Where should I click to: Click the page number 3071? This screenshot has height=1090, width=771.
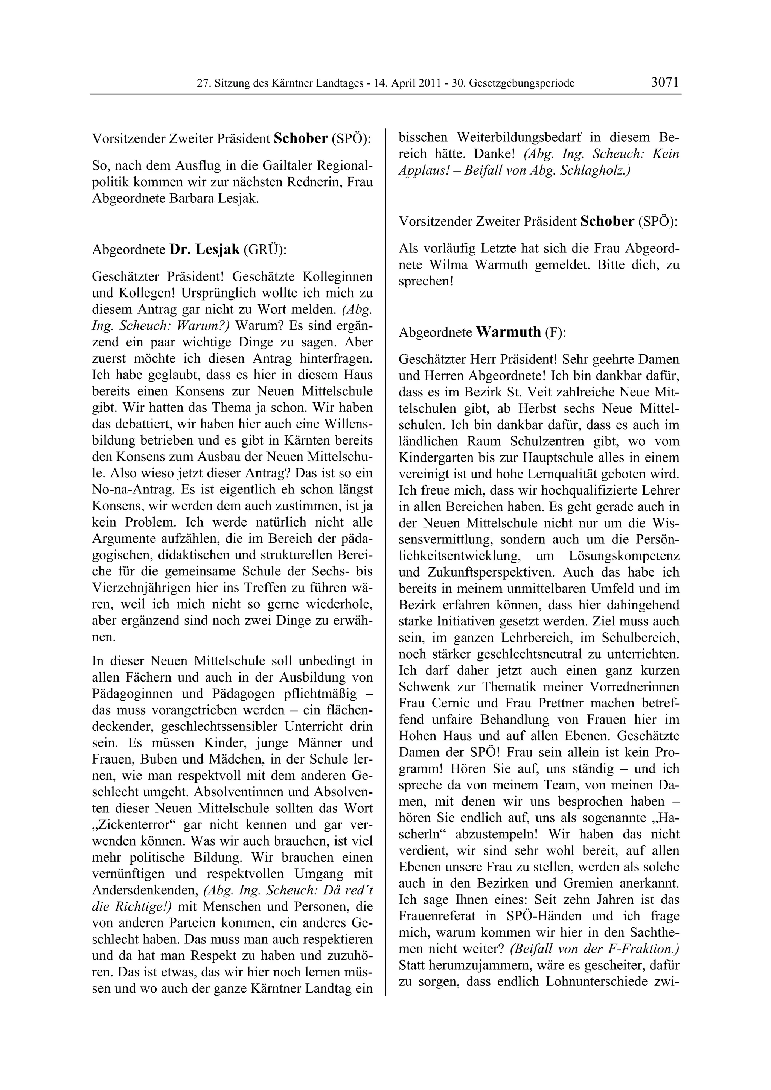pos(665,82)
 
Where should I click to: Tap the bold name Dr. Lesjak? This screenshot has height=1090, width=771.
pos(204,249)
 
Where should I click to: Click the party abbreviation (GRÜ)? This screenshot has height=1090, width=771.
pos(265,250)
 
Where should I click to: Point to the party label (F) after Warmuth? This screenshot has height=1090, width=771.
pos(555,332)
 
